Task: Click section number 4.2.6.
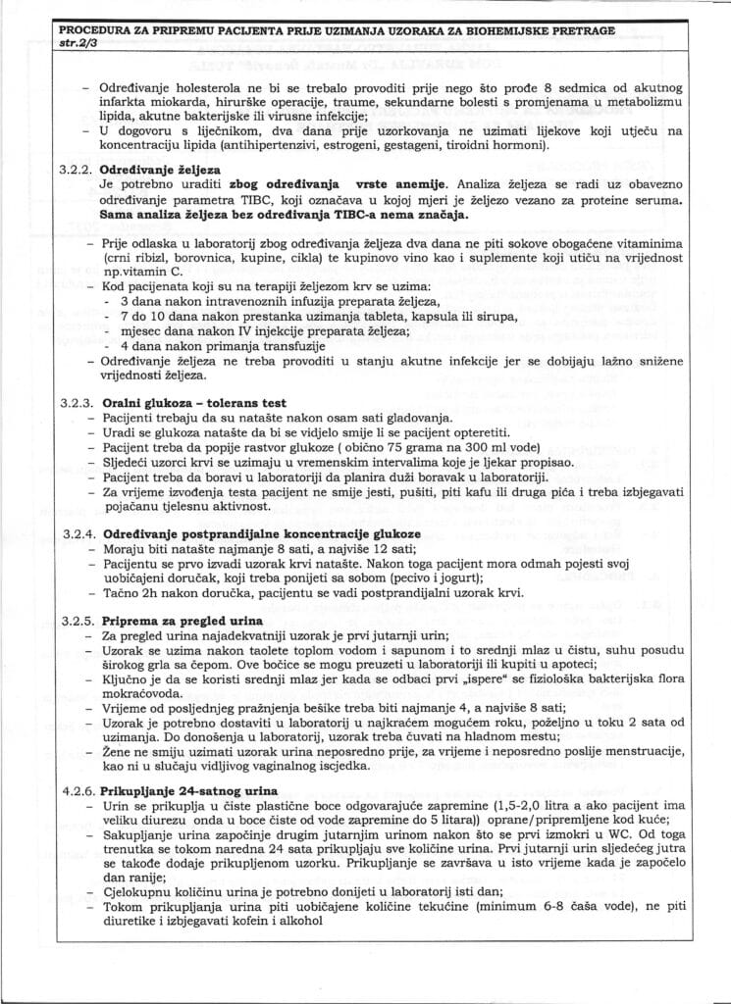pyautogui.click(x=77, y=790)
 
